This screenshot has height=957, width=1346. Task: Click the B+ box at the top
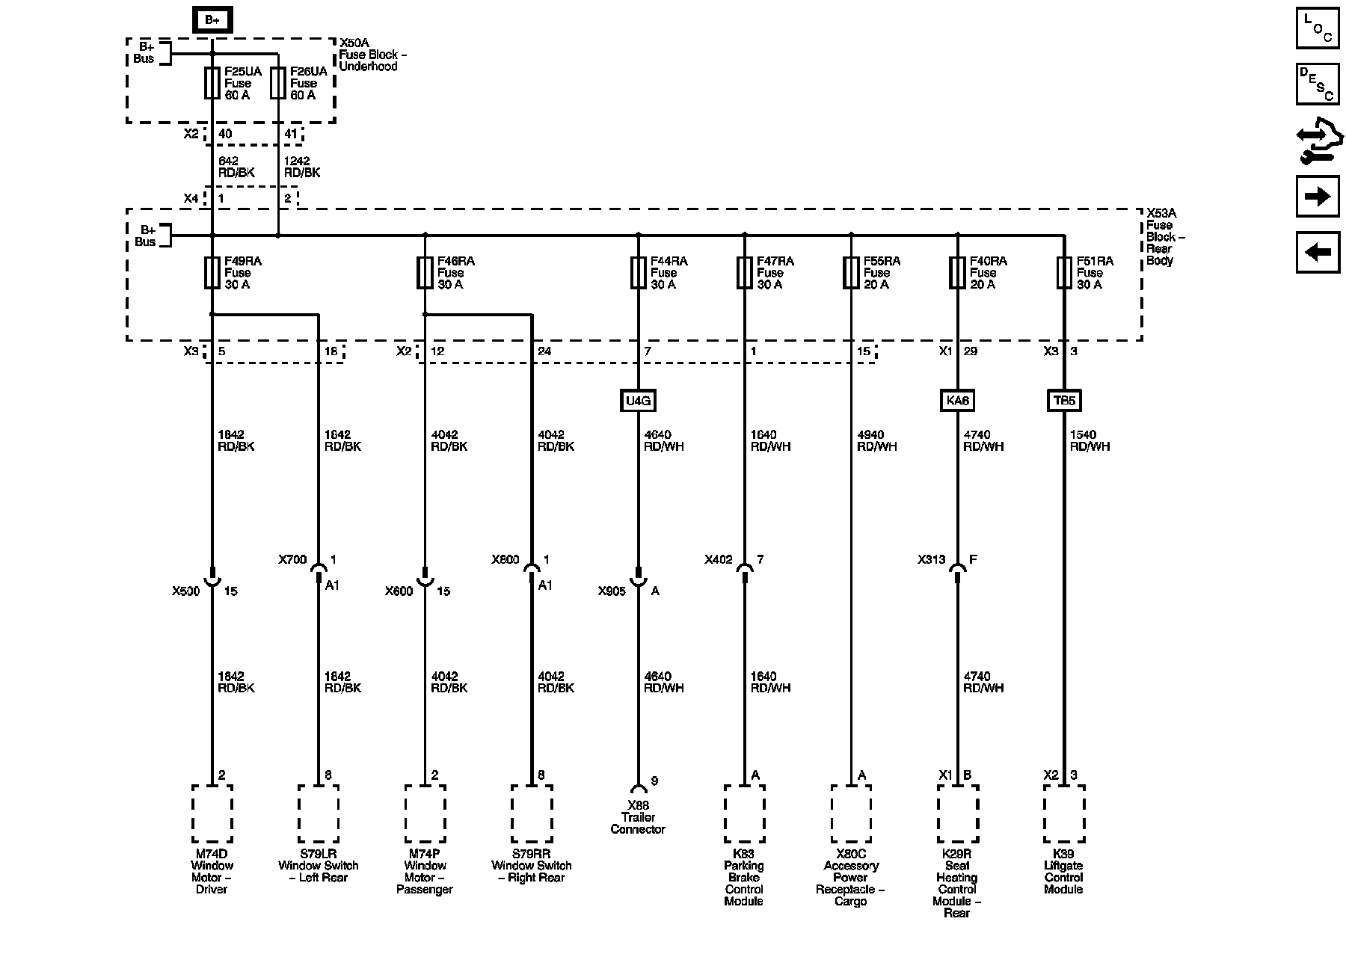tap(212, 19)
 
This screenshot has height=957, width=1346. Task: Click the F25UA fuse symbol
tap(212, 83)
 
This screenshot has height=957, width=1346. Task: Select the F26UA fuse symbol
tap(278, 83)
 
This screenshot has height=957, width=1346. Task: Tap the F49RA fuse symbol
tap(212, 273)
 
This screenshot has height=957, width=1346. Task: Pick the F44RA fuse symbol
tap(638, 273)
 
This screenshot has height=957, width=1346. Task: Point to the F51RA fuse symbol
tap(1064, 273)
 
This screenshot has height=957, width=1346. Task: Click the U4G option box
tap(638, 401)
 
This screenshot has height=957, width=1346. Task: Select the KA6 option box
tap(957, 401)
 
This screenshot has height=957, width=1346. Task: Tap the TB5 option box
tap(1064, 401)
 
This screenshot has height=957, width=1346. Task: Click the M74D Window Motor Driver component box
tap(212, 813)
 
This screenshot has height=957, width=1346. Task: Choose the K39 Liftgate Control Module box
tap(1064, 813)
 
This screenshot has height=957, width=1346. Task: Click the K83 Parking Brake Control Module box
tap(744, 813)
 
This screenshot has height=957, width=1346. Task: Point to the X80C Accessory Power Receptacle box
tap(851, 813)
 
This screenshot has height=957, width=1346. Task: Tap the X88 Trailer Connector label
tap(638, 817)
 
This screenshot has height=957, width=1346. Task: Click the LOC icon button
tap(1318, 28)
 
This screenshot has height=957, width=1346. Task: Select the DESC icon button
tap(1318, 84)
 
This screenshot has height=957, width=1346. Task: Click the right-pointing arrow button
tap(1318, 196)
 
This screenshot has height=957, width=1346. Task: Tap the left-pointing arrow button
tap(1318, 252)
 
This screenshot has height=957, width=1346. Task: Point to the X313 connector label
tap(932, 559)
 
